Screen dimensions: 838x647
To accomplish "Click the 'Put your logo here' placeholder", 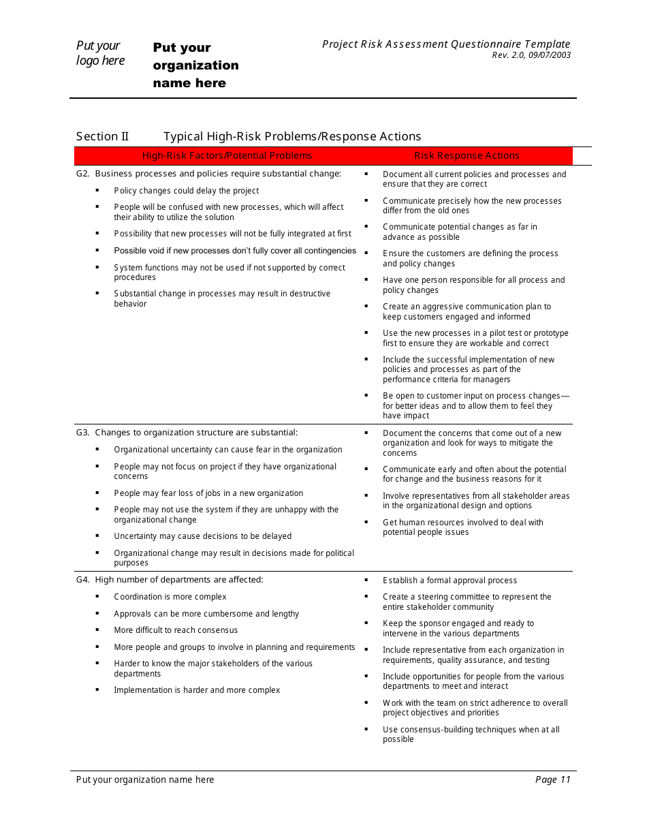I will tap(100, 53).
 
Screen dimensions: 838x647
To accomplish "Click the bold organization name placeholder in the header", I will tap(195, 65).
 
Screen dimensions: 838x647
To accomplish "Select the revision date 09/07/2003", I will tap(548, 55).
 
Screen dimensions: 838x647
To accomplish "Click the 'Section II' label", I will tap(102, 136).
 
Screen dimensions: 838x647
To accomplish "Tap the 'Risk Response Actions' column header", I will tap(467, 156).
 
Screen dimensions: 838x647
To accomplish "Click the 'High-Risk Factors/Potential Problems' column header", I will tap(227, 156).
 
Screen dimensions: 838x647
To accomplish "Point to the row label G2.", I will tap(83, 174).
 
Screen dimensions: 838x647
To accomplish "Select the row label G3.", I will tap(83, 433).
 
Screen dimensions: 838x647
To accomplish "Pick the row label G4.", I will tap(83, 580).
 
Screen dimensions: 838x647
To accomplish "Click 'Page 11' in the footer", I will tap(552, 780).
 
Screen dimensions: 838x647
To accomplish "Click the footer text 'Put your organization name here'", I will tap(145, 780).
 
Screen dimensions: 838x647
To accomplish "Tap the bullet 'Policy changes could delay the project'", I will tap(187, 191).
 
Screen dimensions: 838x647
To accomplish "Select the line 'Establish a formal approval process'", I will tap(449, 580).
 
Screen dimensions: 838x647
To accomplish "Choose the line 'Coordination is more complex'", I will tap(170, 597).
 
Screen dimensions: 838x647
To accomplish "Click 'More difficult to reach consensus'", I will tap(176, 630).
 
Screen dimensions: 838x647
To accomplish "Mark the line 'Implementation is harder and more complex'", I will tap(197, 690).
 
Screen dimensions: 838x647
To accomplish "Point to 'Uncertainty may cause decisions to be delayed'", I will tap(202, 536).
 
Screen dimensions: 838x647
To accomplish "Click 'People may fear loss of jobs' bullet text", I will tap(208, 493).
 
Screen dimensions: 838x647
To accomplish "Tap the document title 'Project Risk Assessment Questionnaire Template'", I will tap(446, 44).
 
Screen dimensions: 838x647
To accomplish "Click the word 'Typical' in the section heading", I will tap(183, 136).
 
